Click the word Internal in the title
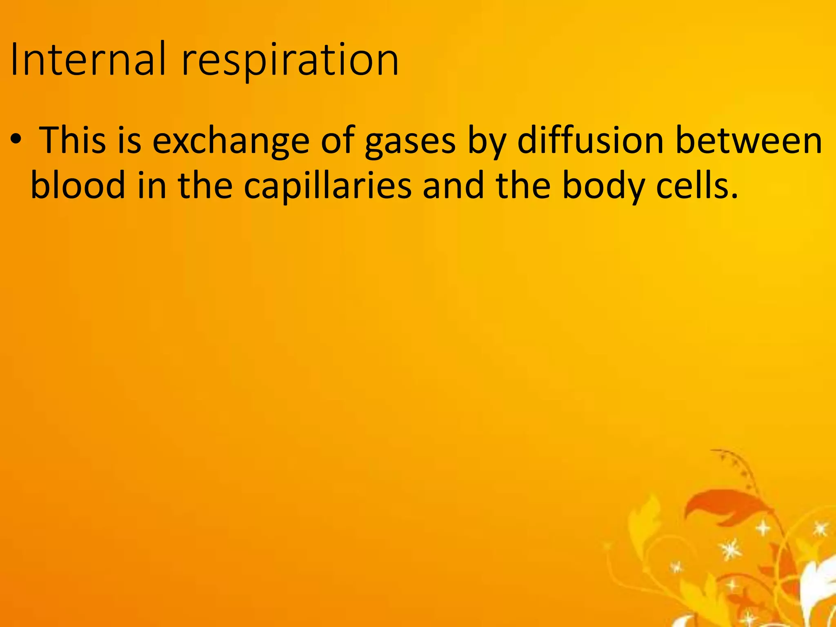(x=88, y=60)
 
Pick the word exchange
(x=231, y=141)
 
